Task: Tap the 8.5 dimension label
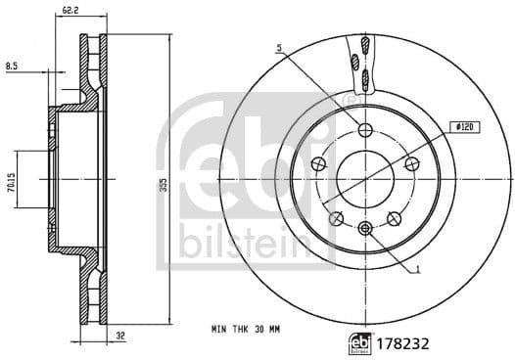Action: (11, 66)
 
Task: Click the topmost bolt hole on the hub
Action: (364, 131)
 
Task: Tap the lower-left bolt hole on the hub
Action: (336, 218)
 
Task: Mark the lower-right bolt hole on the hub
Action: (394, 218)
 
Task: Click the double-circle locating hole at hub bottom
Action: (364, 229)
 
